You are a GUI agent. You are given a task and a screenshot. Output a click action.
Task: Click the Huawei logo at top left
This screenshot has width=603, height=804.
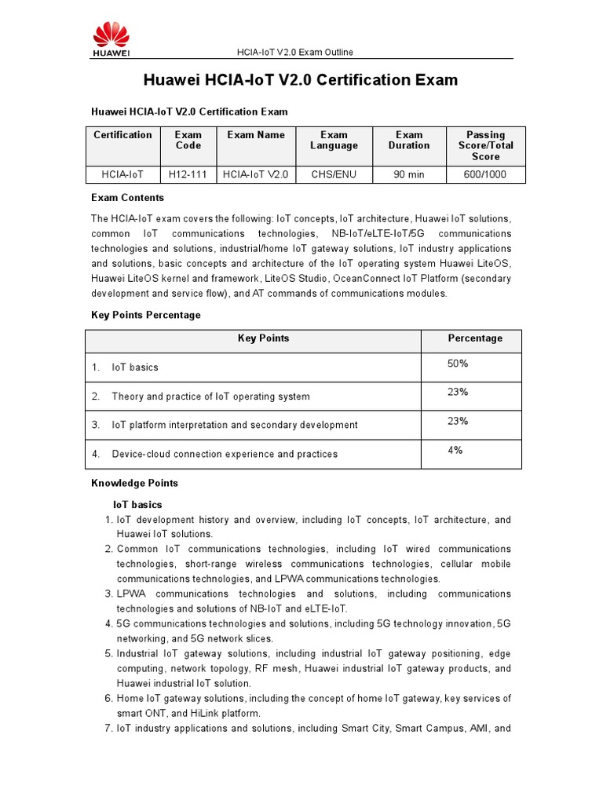pyautogui.click(x=111, y=39)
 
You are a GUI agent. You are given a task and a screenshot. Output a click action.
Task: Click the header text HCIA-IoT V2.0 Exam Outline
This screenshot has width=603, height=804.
pyautogui.click(x=295, y=53)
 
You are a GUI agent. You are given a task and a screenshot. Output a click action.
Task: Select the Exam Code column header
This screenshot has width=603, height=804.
pyautogui.click(x=188, y=140)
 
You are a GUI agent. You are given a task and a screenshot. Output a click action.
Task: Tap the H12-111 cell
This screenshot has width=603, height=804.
pyautogui.click(x=188, y=174)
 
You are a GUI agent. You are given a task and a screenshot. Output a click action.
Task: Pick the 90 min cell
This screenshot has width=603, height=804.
pyautogui.click(x=408, y=174)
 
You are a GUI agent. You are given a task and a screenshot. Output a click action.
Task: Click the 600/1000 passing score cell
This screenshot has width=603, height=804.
pyautogui.click(x=485, y=174)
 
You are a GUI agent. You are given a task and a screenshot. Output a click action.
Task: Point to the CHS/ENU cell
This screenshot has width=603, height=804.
pyautogui.click(x=334, y=174)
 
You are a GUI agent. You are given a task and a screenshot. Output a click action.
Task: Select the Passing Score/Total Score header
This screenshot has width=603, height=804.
pyautogui.click(x=485, y=145)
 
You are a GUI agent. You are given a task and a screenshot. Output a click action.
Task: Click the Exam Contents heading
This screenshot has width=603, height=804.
pyautogui.click(x=127, y=198)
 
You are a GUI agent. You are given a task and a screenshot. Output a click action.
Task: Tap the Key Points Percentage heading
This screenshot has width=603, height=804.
pyautogui.click(x=146, y=315)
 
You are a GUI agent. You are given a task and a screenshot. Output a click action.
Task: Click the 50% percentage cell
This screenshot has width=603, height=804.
pyautogui.click(x=458, y=364)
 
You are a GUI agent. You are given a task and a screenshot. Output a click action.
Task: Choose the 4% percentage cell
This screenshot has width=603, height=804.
pyautogui.click(x=455, y=450)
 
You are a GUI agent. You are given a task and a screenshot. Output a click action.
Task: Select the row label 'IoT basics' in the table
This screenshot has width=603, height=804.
pyautogui.click(x=135, y=367)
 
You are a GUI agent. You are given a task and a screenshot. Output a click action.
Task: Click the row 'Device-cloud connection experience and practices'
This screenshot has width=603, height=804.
pyautogui.click(x=225, y=454)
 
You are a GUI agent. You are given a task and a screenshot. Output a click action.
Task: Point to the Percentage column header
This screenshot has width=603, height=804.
pyautogui.click(x=475, y=338)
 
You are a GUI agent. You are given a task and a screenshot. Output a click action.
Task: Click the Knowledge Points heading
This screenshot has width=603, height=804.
pyautogui.click(x=134, y=483)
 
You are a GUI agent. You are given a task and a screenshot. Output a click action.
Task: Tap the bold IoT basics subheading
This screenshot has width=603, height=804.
pyautogui.click(x=139, y=504)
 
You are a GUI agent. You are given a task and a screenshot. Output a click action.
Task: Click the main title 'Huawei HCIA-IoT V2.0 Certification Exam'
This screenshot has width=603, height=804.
pyautogui.click(x=300, y=80)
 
